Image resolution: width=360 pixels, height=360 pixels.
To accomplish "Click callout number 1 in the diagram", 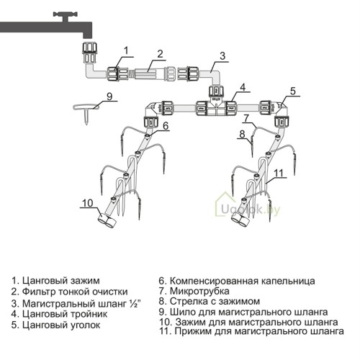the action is tap(126, 50).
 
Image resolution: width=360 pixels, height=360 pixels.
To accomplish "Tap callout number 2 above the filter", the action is tap(160, 54).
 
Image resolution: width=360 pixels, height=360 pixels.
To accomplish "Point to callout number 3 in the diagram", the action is tap(222, 56).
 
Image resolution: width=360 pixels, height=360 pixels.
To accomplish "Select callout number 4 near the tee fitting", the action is tap(243, 87).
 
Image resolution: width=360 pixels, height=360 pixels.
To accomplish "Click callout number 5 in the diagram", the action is tap(293, 91).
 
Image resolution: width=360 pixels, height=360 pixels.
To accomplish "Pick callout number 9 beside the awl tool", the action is tap(109, 96).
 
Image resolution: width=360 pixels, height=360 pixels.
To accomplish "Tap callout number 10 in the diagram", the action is tap(88, 203).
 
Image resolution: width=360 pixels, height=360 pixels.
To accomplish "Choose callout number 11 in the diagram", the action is tap(279, 173).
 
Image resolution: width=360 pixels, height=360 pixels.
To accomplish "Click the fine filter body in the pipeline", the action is tap(150, 73).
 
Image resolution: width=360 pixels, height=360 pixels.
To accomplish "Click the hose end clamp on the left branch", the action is tap(107, 220).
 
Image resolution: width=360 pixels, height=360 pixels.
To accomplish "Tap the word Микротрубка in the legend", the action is tap(199, 291).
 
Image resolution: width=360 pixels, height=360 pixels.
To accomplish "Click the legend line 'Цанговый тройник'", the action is tap(59, 314).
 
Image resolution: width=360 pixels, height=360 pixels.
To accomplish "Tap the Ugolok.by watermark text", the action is tap(251, 210).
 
